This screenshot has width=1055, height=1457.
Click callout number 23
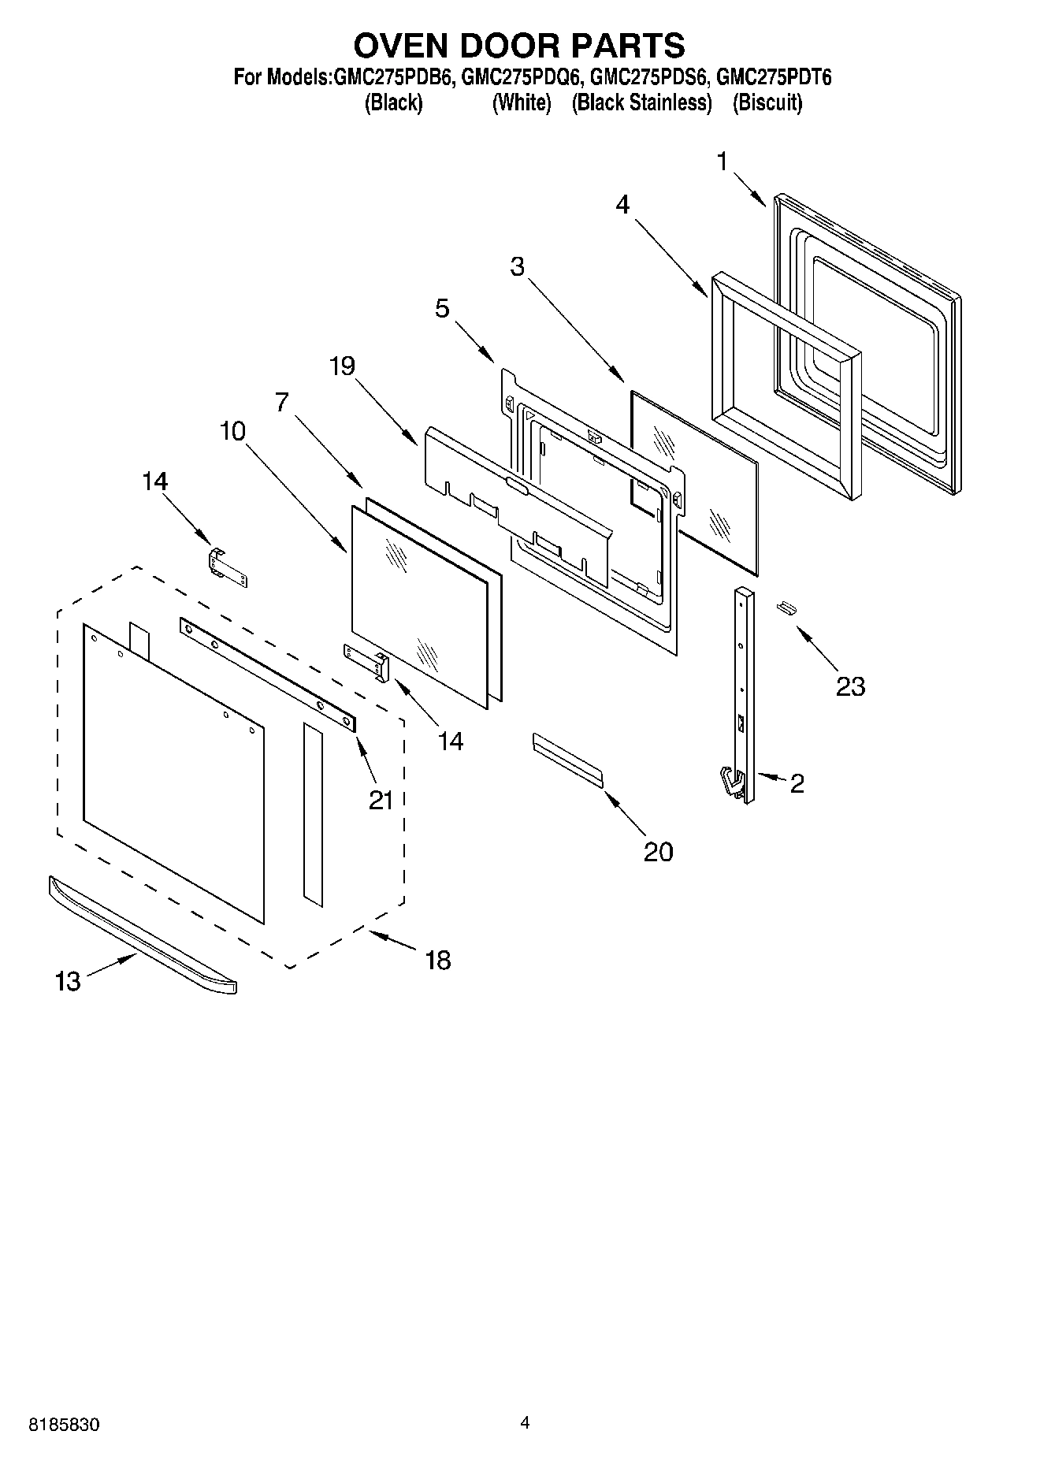pyautogui.click(x=850, y=686)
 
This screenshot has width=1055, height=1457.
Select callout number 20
pyautogui.click(x=658, y=852)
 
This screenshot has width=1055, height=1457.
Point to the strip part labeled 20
pyautogui.click(x=567, y=759)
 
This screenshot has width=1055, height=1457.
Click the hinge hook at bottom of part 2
pyautogui.click(x=732, y=783)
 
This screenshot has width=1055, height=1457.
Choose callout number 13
pyautogui.click(x=68, y=982)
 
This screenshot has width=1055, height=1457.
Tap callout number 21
pyautogui.click(x=381, y=801)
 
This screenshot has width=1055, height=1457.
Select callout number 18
pyautogui.click(x=437, y=960)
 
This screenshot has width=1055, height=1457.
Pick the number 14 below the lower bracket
pyautogui.click(x=451, y=742)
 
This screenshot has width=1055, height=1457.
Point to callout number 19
pyautogui.click(x=342, y=366)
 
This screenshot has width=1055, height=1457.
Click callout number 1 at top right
pyautogui.click(x=722, y=162)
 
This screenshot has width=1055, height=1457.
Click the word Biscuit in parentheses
pyautogui.click(x=767, y=103)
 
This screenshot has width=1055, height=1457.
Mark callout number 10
pyautogui.click(x=232, y=431)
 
